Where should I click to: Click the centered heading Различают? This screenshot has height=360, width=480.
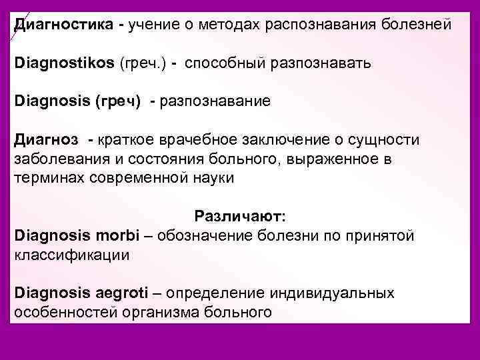click(x=240, y=217)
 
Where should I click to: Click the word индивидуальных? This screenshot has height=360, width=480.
click(x=333, y=293)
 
